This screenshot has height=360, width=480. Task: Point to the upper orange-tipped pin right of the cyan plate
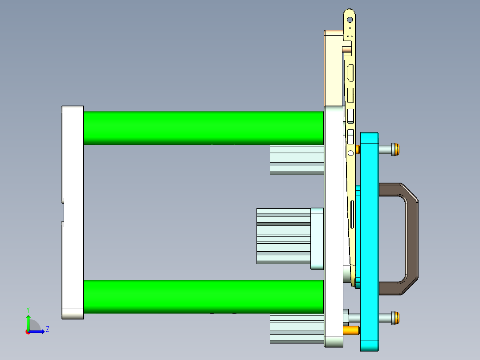pos(395,149)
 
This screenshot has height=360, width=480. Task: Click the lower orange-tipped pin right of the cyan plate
pos(395,318)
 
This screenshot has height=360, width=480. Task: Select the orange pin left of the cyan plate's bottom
pos(352,331)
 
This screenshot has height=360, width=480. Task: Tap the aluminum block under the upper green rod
pos(297,160)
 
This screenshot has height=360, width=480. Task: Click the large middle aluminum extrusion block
pos(283,236)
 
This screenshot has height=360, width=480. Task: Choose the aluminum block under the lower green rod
pos(297,328)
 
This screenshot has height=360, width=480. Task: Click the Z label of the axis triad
pos(47,329)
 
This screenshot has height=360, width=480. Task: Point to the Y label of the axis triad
pos(28,309)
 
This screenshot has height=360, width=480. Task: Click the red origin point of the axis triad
pos(28,331)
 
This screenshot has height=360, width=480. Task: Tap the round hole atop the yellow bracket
pos(350,20)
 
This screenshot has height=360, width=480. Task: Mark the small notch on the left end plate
pos(63,212)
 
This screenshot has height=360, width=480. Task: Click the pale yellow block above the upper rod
pos(334,67)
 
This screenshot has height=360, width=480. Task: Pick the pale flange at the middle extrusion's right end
pos(317,238)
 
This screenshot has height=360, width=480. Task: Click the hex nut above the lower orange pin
pos(346,318)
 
